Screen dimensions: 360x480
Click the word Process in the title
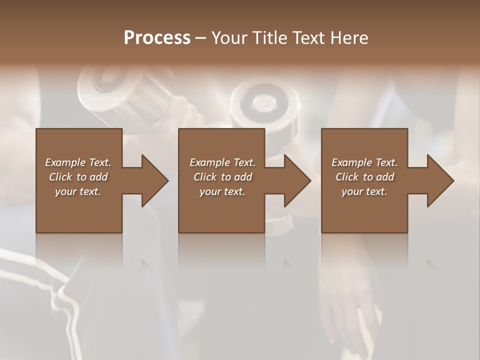point(157,38)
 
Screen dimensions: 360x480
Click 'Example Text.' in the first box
point(78,162)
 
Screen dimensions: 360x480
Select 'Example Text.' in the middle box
point(222,162)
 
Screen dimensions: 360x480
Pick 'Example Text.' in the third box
point(364,162)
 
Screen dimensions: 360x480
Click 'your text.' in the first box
point(78,191)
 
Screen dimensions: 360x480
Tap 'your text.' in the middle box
point(222,191)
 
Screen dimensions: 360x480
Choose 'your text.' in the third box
point(364,191)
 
